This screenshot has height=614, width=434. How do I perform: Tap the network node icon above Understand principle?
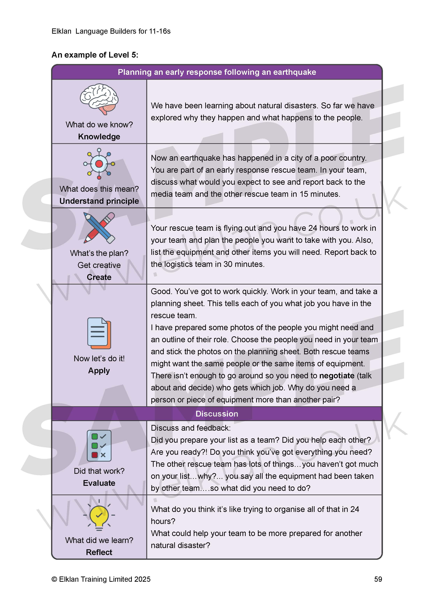point(99,163)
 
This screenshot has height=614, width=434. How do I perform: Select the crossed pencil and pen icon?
point(99,228)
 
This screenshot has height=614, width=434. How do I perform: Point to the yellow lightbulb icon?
point(99,516)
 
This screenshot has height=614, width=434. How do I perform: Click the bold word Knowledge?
point(99,137)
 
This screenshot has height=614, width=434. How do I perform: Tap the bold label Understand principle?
point(99,201)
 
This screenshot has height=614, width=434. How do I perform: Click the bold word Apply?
point(99,371)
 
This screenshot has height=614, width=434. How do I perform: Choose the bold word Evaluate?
point(99,483)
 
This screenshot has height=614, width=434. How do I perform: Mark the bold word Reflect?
point(99,552)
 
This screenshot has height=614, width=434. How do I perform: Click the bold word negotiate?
point(337,376)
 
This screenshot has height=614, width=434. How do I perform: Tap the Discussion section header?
point(217,414)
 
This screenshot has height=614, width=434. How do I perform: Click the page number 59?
point(378,579)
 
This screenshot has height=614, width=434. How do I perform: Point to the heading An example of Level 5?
point(95,55)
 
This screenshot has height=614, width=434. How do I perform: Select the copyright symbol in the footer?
point(54,579)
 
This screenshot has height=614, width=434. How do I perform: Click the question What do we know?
point(99,125)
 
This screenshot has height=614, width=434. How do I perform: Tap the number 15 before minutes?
point(304,194)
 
